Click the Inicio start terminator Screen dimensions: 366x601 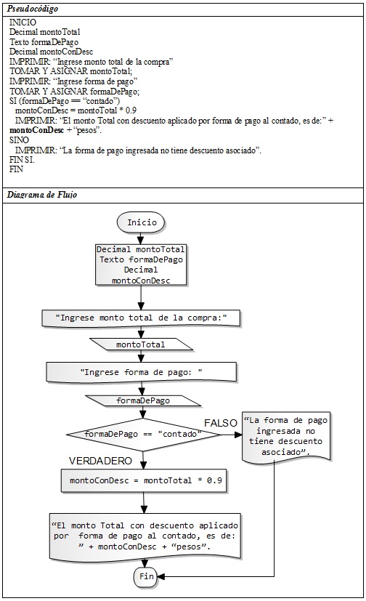[x=142, y=222]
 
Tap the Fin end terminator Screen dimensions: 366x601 [x=146, y=576]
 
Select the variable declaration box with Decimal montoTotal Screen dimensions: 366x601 [x=140, y=265]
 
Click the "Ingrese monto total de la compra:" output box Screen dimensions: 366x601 [x=141, y=318]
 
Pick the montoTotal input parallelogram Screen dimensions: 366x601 [x=141, y=344]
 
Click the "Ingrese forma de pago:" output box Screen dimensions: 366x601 [x=142, y=372]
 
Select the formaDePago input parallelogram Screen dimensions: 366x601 [x=143, y=400]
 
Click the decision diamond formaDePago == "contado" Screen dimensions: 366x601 [x=143, y=435]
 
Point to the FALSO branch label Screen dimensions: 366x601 [x=221, y=423]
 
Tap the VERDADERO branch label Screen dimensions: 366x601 [x=100, y=461]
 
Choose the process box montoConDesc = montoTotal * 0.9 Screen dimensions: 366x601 [x=144, y=480]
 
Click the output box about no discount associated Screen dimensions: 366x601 [x=286, y=436]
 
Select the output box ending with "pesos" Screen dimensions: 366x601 [x=145, y=536]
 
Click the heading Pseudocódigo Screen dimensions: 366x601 [x=33, y=9]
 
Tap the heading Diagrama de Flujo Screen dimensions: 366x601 [x=42, y=195]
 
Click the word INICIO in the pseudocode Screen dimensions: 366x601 [x=23, y=23]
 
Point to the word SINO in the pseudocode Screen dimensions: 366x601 [x=19, y=140]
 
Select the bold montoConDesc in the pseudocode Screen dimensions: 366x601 [x=37, y=130]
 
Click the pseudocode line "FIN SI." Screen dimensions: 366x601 [x=22, y=160]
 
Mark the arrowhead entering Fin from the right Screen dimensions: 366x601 [x=160, y=576]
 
